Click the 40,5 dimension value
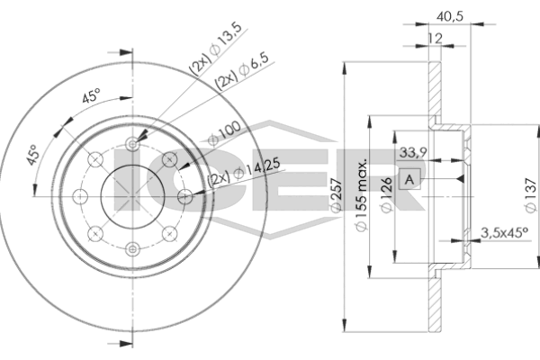click(x=450, y=16)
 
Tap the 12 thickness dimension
click(x=435, y=38)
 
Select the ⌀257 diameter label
click(x=336, y=194)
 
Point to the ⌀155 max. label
click(x=361, y=194)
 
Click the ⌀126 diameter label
click(x=387, y=195)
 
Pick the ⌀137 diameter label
click(x=531, y=195)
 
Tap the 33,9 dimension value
click(x=413, y=152)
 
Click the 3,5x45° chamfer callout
click(x=504, y=233)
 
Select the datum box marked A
click(x=409, y=179)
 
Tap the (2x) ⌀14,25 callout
click(x=244, y=173)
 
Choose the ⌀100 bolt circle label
click(x=224, y=133)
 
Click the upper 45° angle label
click(x=91, y=95)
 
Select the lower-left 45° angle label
click(x=32, y=155)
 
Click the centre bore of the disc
click(x=132, y=197)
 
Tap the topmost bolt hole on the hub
click(x=132, y=144)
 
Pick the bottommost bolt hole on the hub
click(x=132, y=249)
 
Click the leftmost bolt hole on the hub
click(x=80, y=197)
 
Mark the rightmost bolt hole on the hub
click(x=184, y=197)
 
